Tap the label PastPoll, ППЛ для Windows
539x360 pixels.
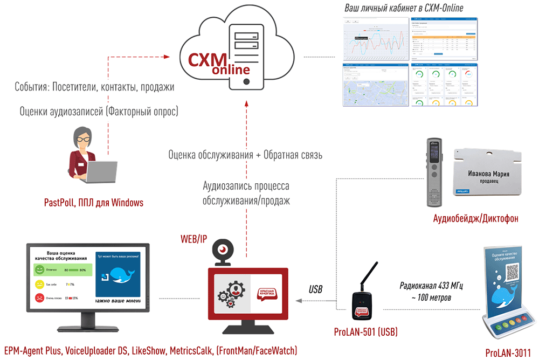[x=94, y=203]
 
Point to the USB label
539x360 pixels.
[x=315, y=289]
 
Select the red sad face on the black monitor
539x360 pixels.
[x=39, y=297]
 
